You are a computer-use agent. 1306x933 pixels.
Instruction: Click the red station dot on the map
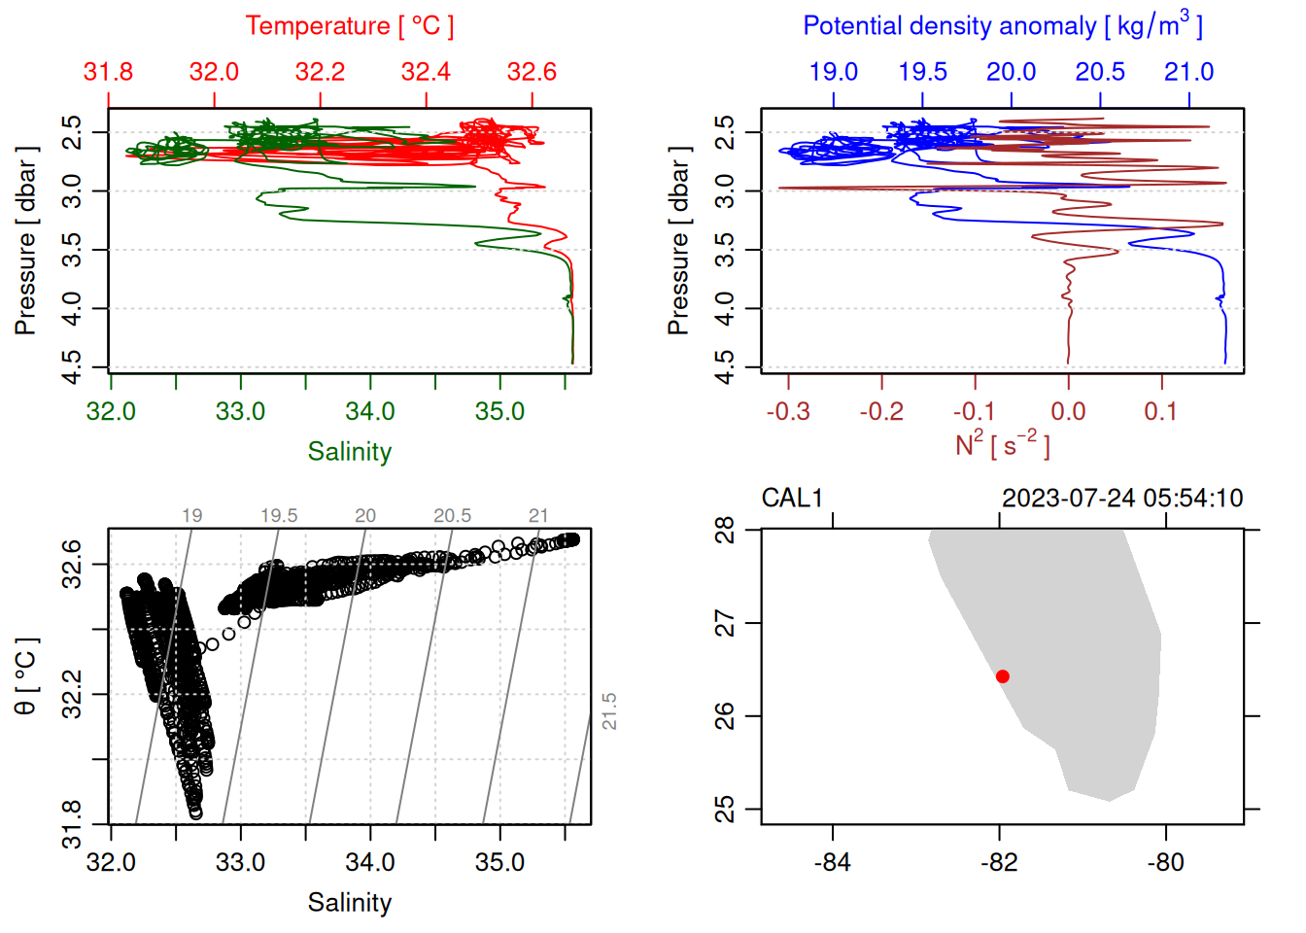coord(1002,676)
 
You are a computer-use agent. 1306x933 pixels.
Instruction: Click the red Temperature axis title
coord(349,26)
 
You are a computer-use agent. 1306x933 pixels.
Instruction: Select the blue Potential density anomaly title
coord(1002,25)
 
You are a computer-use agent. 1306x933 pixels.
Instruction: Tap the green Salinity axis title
coord(349,452)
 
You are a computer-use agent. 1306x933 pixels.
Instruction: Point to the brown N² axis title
coord(1002,445)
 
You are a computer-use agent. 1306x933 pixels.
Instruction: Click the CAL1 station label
coord(792,499)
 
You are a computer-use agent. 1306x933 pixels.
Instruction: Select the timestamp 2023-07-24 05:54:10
coord(1122,499)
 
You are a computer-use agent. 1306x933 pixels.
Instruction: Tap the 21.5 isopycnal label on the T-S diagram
coord(609,711)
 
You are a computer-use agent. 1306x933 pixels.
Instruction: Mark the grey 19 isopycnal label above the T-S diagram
coord(192,515)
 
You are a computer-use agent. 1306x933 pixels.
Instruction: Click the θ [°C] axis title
coord(25,676)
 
